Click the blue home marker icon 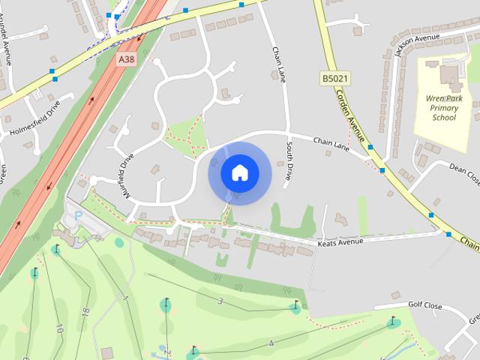238,173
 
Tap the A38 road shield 126,58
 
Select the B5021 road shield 336,77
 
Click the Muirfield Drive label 125,175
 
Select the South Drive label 288,163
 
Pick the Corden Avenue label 349,117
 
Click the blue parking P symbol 79,216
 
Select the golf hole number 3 220,301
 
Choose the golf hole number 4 271,343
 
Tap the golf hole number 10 58,328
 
